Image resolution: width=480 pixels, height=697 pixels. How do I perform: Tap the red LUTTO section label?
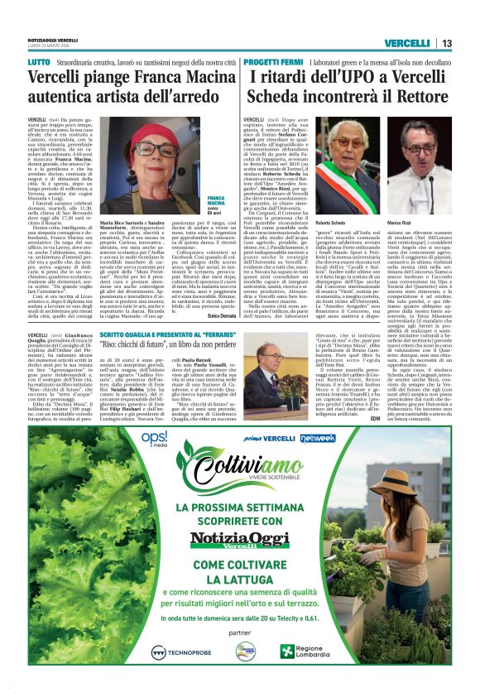click(38, 61)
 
